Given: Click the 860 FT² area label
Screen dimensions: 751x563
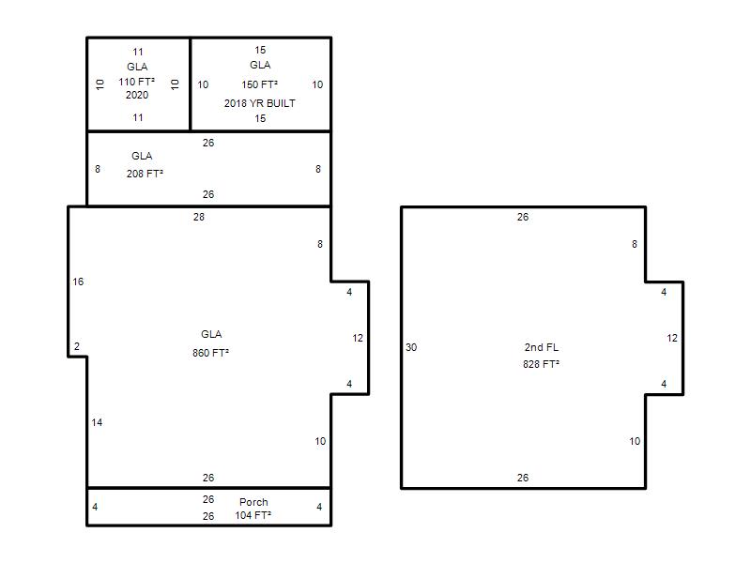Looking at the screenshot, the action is click(210, 353).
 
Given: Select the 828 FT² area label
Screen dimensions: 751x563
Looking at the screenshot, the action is click(542, 364).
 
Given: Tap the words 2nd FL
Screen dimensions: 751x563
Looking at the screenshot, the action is click(542, 347).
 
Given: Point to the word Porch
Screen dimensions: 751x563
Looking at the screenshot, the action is click(253, 502).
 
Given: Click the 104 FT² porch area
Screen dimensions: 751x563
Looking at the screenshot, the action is click(253, 515).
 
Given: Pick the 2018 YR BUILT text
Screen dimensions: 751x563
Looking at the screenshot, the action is click(260, 103).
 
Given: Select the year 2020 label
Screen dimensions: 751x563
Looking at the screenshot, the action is click(137, 95).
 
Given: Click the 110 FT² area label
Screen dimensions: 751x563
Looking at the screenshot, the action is click(136, 82).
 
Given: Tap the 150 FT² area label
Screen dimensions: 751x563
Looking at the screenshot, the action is click(260, 84).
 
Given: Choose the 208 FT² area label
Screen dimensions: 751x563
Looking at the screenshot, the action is click(145, 174).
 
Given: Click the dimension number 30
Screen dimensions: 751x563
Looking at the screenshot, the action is click(411, 347).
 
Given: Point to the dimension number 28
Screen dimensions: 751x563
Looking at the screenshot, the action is click(199, 217).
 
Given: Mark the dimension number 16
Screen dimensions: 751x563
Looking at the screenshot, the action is click(78, 281).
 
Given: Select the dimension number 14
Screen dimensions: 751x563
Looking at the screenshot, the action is click(97, 422).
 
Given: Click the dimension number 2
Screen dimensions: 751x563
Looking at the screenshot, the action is click(77, 346).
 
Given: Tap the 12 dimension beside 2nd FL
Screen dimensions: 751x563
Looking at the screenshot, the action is click(672, 338).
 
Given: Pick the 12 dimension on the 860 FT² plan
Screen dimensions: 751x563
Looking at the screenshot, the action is click(358, 338).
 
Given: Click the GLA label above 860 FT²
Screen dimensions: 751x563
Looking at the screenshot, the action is click(211, 334).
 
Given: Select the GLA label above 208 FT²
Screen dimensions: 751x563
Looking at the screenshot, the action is click(142, 156).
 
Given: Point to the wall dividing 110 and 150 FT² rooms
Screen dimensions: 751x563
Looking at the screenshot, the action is click(191, 84).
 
